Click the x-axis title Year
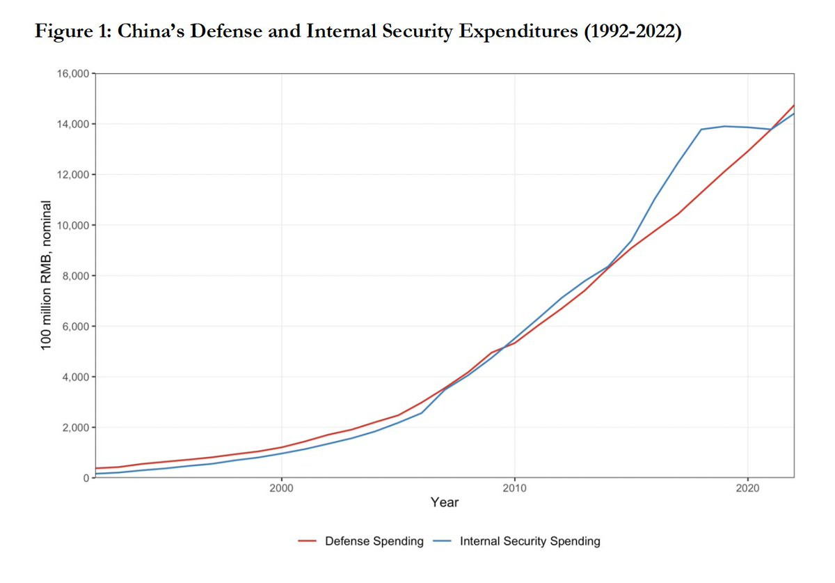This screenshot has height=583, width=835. coord(444,502)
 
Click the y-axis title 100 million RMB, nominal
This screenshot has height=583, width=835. coord(47,275)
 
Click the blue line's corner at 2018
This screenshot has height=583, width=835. coord(700,130)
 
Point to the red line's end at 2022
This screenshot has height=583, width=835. coord(793,105)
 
